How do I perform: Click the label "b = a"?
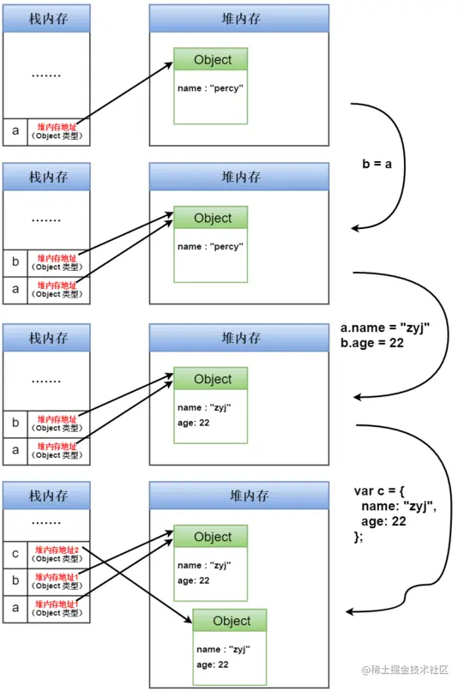click(377, 164)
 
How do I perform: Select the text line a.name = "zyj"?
click(383, 327)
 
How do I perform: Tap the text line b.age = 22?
click(371, 344)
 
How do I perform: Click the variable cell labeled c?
click(15, 554)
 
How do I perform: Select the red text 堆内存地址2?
click(57, 550)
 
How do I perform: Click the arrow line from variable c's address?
click(137, 583)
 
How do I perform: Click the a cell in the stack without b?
click(15, 131)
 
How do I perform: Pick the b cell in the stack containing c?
click(15, 581)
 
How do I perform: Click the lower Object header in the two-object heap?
click(230, 621)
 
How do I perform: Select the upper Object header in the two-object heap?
click(212, 537)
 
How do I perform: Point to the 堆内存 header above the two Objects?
click(239, 496)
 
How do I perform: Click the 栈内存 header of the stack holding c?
click(47, 496)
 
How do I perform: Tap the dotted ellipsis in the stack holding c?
click(46, 522)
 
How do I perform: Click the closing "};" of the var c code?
click(359, 537)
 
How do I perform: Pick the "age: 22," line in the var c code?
click(384, 521)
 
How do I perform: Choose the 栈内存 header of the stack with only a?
click(47, 18)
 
